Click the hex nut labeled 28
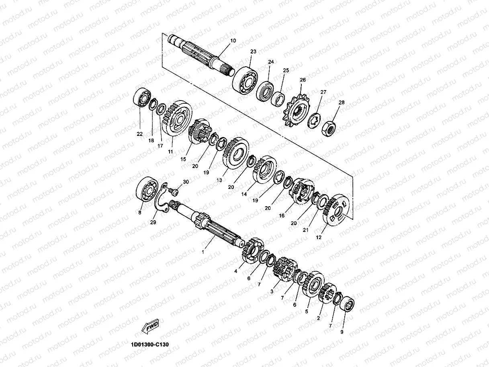tap(329, 129)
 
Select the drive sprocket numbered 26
tap(297, 110)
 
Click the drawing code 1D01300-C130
tap(150, 344)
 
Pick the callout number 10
tap(233, 41)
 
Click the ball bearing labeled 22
tap(142, 98)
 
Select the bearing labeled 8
tap(147, 190)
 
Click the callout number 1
tap(203, 252)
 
